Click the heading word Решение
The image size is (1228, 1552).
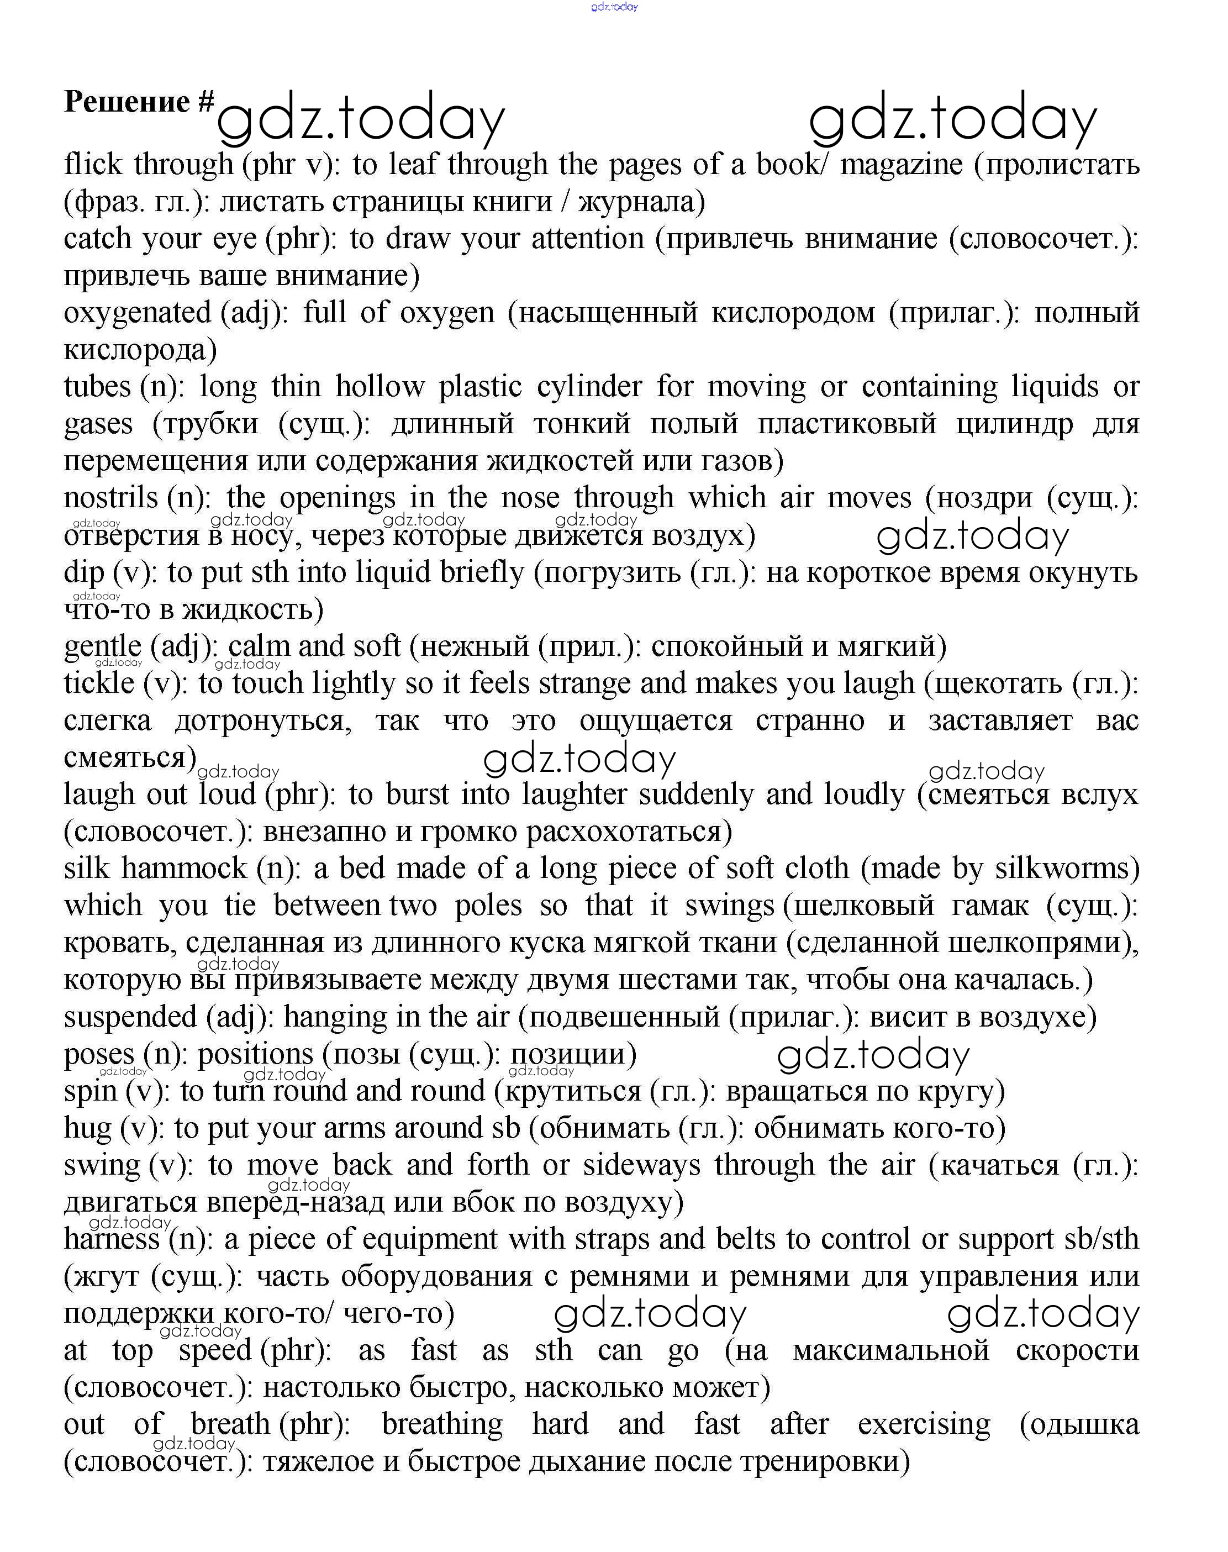click(x=127, y=102)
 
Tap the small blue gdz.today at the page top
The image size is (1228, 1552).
click(x=614, y=7)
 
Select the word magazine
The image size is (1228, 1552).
click(x=901, y=165)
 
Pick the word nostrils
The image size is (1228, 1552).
click(x=110, y=498)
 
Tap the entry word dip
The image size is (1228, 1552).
click(x=84, y=573)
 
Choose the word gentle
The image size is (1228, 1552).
click(x=103, y=648)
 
